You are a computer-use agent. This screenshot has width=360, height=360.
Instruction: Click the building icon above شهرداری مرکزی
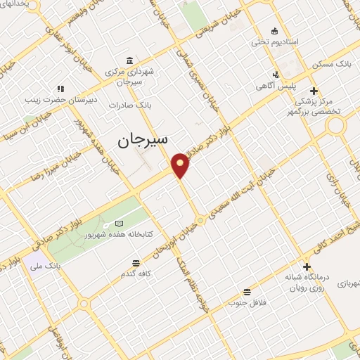(129, 60)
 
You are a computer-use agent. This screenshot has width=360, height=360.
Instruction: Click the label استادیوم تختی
(275, 42)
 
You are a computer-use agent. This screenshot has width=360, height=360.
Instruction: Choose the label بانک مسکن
(334, 63)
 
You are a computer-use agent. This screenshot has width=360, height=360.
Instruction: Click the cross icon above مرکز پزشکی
(314, 90)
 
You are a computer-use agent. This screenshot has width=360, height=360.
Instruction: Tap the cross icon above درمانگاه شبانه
(307, 266)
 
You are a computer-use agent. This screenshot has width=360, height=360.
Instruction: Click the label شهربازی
(347, 283)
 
